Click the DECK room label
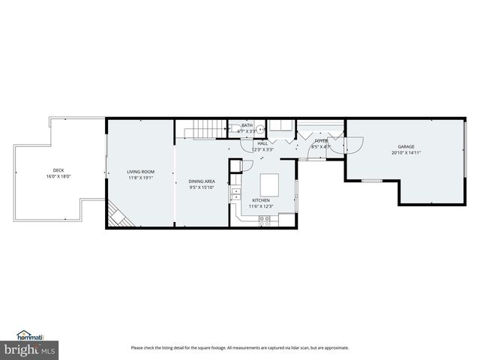pos(58,170)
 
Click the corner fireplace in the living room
pos(116,217)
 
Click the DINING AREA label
pos(202,181)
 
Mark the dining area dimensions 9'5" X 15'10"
pos(202,188)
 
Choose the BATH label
pos(247,125)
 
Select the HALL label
pos(262,142)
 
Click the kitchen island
pos(269,184)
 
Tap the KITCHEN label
pos(261,200)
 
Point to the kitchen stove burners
pos(265,219)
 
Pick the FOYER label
pos(320,140)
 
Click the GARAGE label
pos(406,146)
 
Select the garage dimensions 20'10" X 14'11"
pos(406,153)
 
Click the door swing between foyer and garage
pos(354,145)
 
